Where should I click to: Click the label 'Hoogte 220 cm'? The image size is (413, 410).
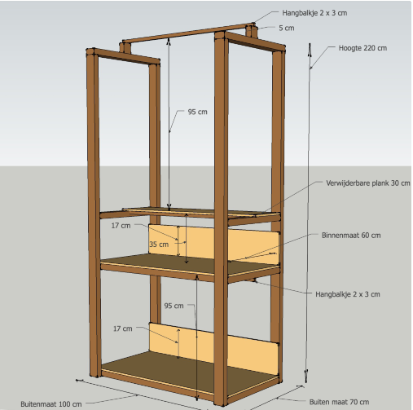pyautogui.click(x=362, y=48)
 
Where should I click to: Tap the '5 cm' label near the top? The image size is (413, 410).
pyautogui.click(x=287, y=28)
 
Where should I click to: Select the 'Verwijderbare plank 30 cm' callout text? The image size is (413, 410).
pyautogui.click(x=368, y=183)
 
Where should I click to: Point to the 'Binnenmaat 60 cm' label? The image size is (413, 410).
pyautogui.click(x=351, y=236)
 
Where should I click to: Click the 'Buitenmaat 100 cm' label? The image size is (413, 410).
pyautogui.click(x=51, y=404)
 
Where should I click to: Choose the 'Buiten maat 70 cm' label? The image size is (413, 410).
pyautogui.click(x=339, y=402)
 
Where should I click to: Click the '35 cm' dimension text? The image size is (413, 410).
pyautogui.click(x=159, y=245)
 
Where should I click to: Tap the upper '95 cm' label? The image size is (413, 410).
pyautogui.click(x=197, y=112)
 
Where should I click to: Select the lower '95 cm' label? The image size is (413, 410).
pyautogui.click(x=174, y=306)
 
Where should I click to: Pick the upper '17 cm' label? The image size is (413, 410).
pyautogui.click(x=121, y=226)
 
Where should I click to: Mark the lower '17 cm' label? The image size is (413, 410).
pyautogui.click(x=123, y=328)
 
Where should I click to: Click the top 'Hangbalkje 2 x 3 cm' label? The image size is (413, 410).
pyautogui.click(x=314, y=13)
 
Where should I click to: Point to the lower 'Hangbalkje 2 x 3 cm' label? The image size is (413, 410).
pyautogui.click(x=348, y=294)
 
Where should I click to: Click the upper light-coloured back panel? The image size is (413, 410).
pyautogui.click(x=214, y=243)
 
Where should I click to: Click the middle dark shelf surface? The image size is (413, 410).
pyautogui.click(x=190, y=264)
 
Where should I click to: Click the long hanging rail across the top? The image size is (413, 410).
pyautogui.click(x=188, y=33)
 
